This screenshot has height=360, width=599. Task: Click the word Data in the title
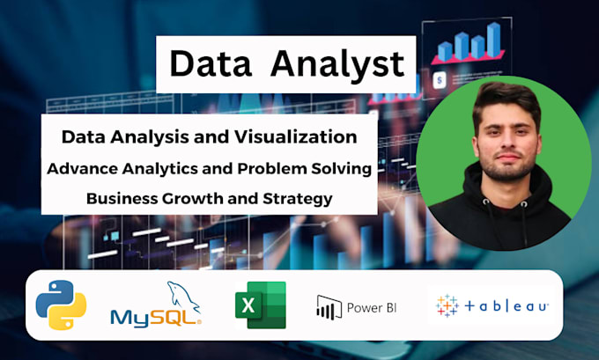coord(210,63)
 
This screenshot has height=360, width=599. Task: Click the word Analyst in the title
coord(338,63)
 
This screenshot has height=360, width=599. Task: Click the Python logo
coord(61,305)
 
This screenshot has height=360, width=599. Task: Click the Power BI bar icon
coord(329,306)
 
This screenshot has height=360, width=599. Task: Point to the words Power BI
coord(371,307)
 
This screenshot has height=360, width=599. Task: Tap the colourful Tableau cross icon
coord(447,305)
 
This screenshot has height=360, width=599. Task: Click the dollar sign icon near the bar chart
coord(439,79)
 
